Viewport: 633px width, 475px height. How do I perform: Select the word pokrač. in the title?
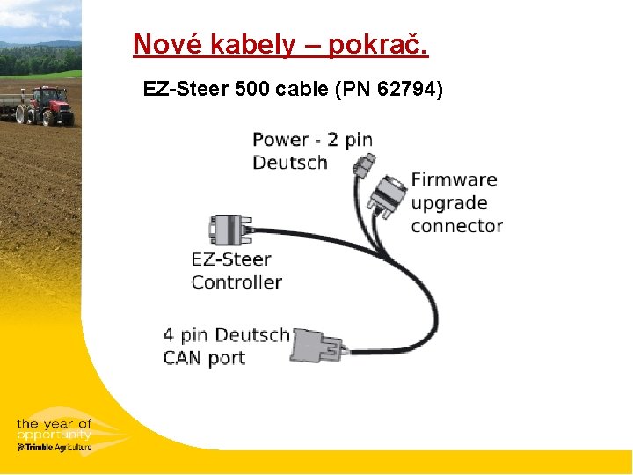click(379, 44)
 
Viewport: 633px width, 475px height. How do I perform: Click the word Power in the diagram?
click(280, 140)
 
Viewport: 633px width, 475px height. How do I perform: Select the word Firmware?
click(454, 180)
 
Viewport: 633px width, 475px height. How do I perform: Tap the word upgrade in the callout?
click(448, 203)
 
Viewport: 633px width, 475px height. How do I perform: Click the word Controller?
click(236, 282)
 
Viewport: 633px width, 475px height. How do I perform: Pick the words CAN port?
click(204, 358)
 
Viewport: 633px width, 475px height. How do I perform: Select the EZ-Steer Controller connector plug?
click(228, 230)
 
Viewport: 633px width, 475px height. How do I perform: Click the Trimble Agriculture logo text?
click(55, 447)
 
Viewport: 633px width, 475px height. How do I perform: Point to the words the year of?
click(54, 425)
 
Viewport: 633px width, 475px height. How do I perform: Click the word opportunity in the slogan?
click(54, 435)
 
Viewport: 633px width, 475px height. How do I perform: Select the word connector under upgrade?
click(456, 226)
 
